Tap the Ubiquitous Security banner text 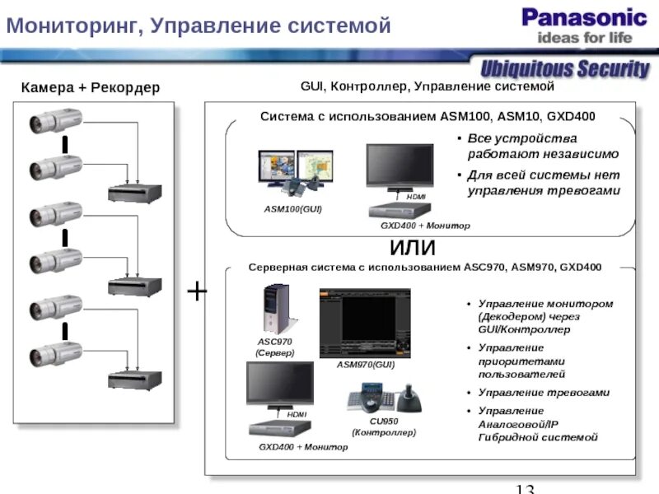point(565,68)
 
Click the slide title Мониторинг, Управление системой point(198,26)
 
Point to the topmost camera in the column point(49,123)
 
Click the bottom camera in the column point(49,357)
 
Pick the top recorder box point(135,193)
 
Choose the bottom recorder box point(135,380)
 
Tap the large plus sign point(197,292)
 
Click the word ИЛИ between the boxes point(412,248)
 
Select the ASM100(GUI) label point(292,209)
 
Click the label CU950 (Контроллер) point(384,426)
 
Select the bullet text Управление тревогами point(544,393)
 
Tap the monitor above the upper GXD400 point(400,167)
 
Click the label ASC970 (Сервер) point(274,347)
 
